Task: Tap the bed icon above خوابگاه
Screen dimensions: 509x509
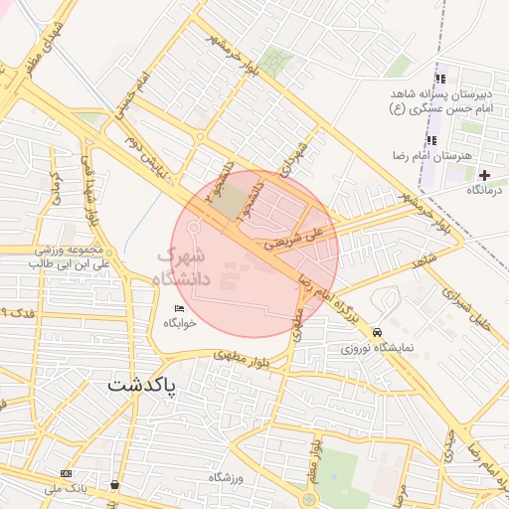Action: (x=179, y=308)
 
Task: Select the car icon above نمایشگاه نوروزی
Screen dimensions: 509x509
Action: (x=376, y=332)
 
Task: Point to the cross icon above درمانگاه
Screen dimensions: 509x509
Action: (x=485, y=175)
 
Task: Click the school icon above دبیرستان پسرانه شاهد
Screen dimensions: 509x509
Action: (x=439, y=81)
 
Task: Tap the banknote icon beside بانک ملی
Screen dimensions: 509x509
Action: (x=66, y=474)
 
